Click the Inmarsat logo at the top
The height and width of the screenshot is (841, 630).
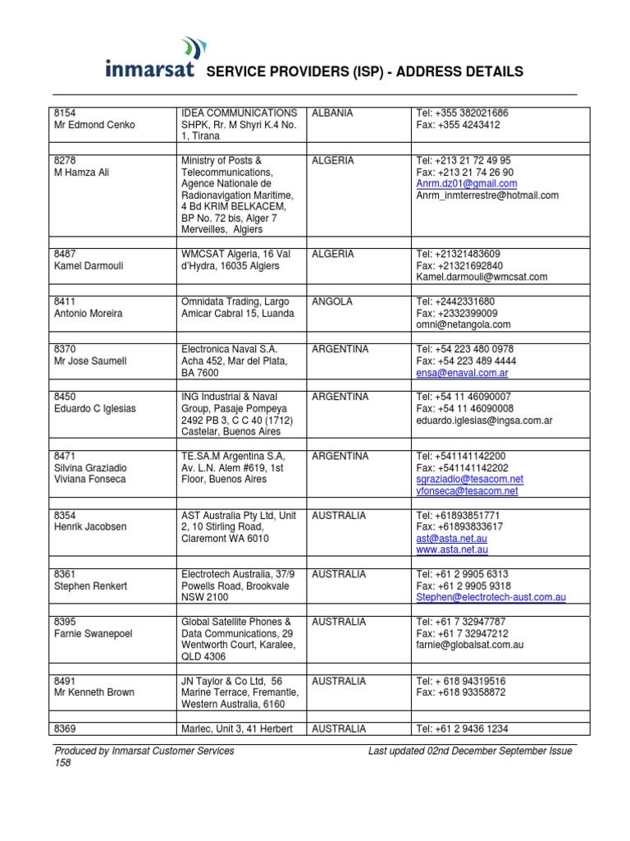point(151,58)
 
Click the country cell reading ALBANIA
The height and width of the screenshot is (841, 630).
point(332,113)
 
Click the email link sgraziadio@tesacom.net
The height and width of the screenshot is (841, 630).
point(469,479)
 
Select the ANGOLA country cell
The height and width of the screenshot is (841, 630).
point(331,301)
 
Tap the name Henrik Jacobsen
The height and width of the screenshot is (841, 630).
point(90,526)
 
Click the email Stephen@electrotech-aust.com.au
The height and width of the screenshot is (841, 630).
point(491,598)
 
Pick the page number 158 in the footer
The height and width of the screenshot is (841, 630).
point(62,762)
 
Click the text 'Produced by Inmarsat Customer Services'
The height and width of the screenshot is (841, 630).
point(144,750)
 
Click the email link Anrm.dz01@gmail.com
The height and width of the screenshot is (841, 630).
point(466,184)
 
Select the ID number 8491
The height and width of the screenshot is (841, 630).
point(65,681)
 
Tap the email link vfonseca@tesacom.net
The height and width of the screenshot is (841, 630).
point(467,491)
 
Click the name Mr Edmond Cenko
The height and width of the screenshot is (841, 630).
point(94,125)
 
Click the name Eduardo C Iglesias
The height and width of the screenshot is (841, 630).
point(94,408)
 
